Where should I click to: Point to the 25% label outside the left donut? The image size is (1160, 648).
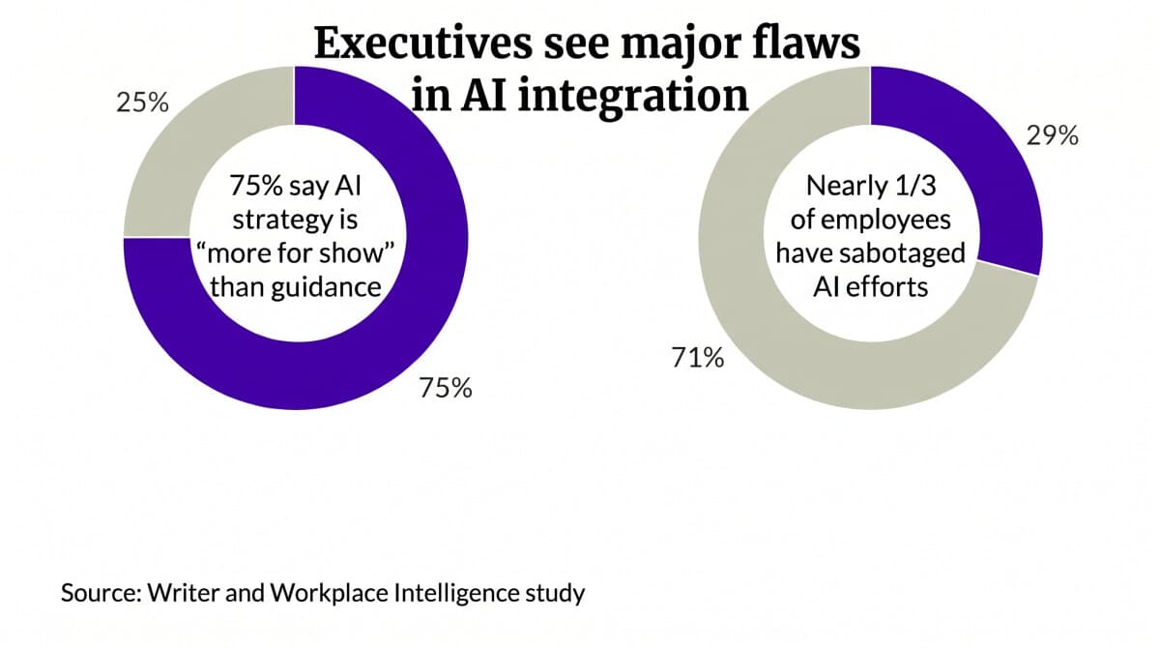(143, 103)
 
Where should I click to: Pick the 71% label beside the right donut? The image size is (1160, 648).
(697, 358)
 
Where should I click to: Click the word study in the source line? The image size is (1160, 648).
(560, 592)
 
